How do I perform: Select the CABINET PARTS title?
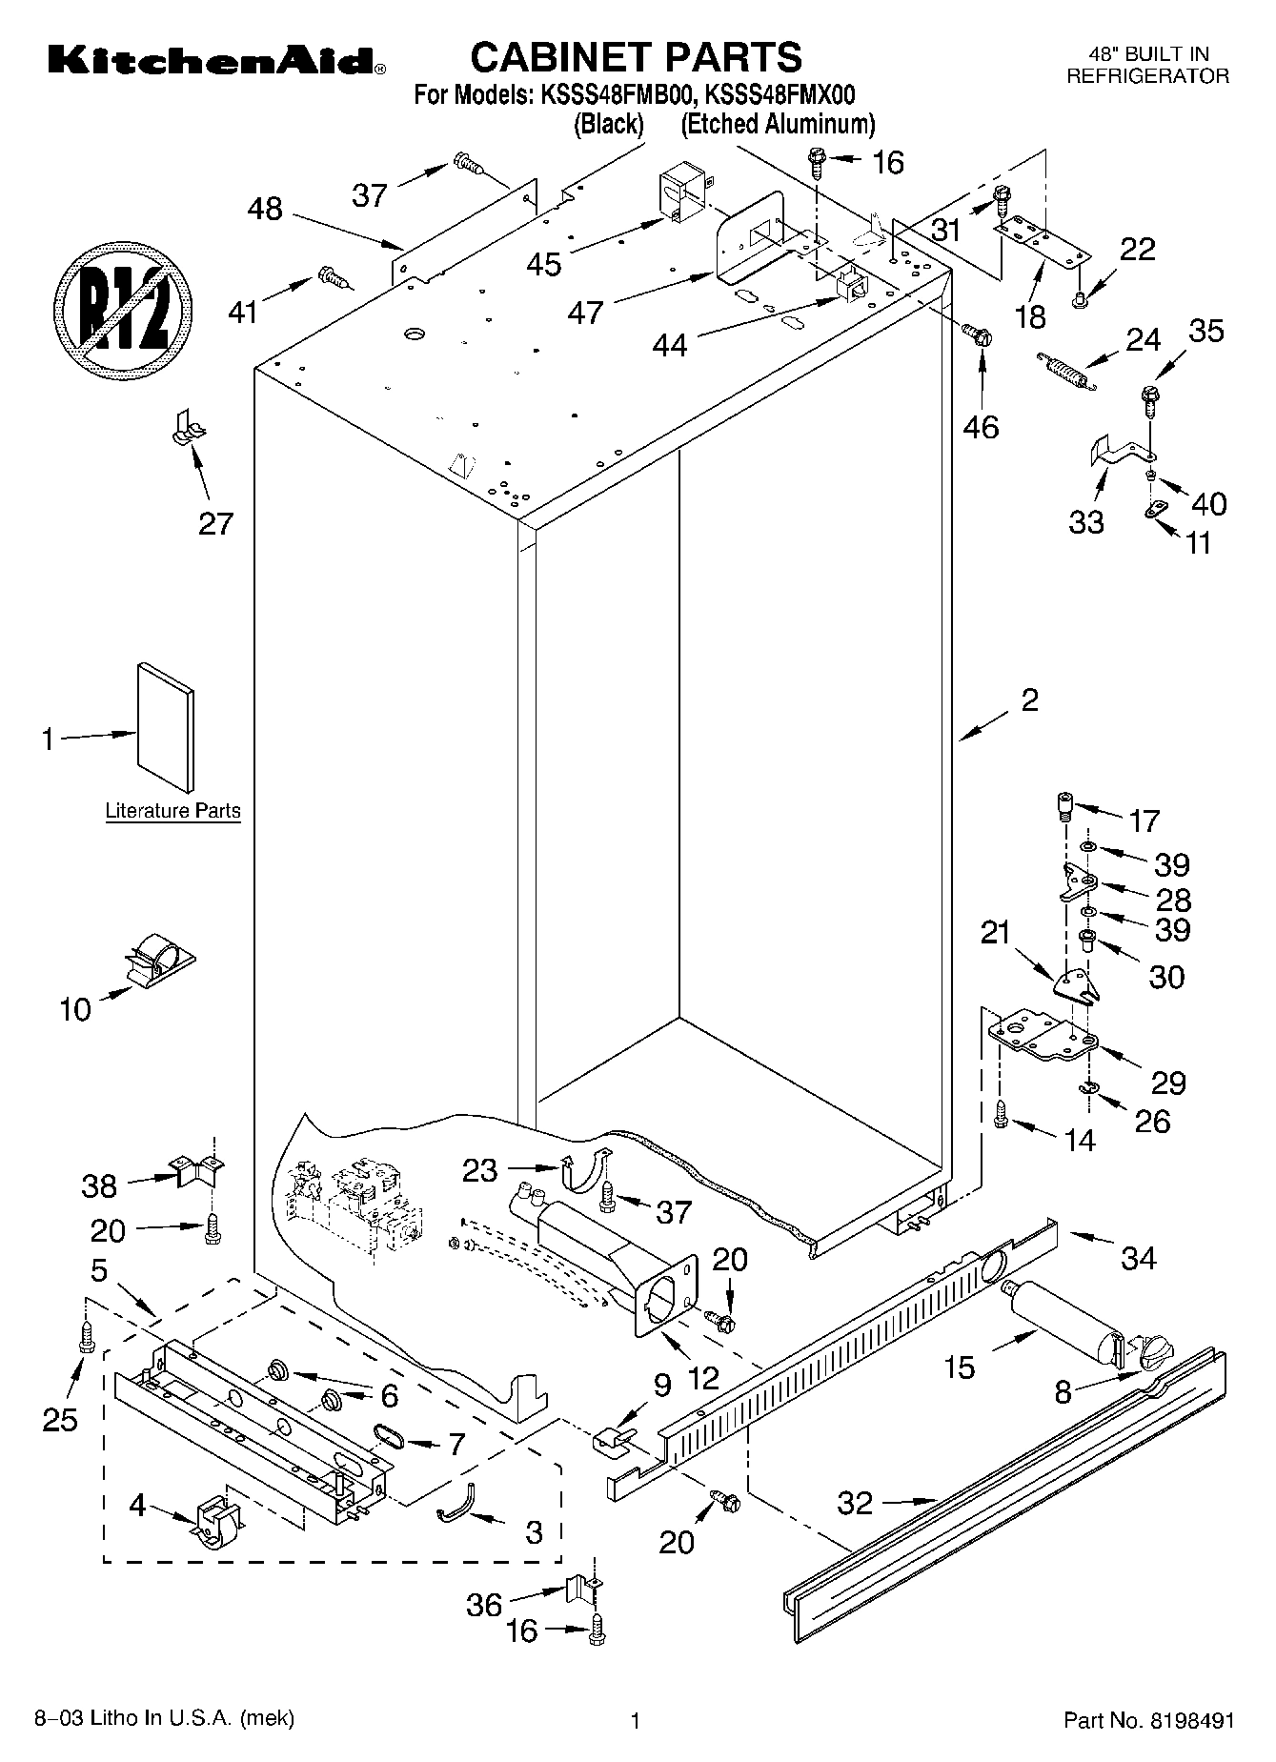pos(637,56)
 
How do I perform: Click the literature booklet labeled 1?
pos(166,728)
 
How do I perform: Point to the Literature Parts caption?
pos(172,811)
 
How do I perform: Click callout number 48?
pos(265,209)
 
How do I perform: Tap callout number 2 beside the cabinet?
pos(1028,700)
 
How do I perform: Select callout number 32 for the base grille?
pos(855,1503)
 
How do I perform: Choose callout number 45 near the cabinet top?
pos(544,263)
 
